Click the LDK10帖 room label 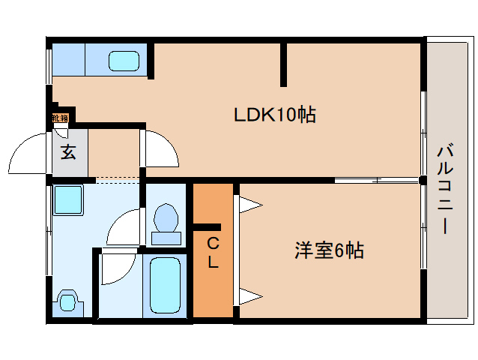274,115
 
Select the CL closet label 213,253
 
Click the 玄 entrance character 68,152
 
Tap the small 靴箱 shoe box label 60,118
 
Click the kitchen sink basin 124,60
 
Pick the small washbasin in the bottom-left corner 68,302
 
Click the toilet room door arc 124,226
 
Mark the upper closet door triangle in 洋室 249,203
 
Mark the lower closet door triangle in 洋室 249,294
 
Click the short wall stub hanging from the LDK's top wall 284,64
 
